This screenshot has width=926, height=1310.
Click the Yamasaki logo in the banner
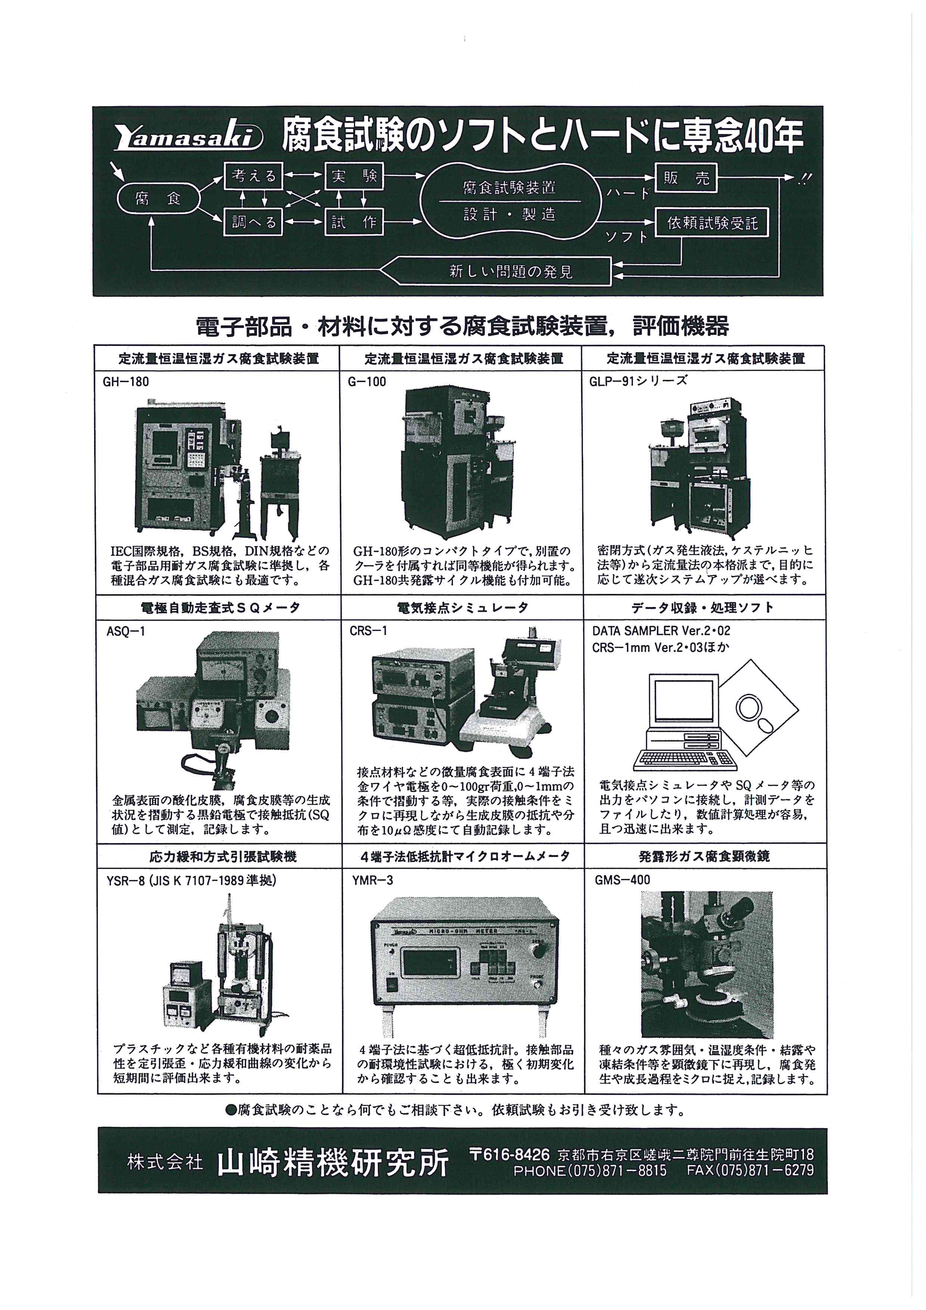pos(188,137)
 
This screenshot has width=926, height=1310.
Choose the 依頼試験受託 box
pos(712,223)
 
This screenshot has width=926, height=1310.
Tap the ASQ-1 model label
pos(125,631)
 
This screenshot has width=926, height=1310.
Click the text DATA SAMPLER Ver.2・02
pos(661,631)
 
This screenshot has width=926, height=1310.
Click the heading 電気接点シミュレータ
pos(462,608)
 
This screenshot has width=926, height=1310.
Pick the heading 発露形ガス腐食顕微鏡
pos(704,857)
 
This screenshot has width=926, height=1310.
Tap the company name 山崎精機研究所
pos(333,1162)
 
